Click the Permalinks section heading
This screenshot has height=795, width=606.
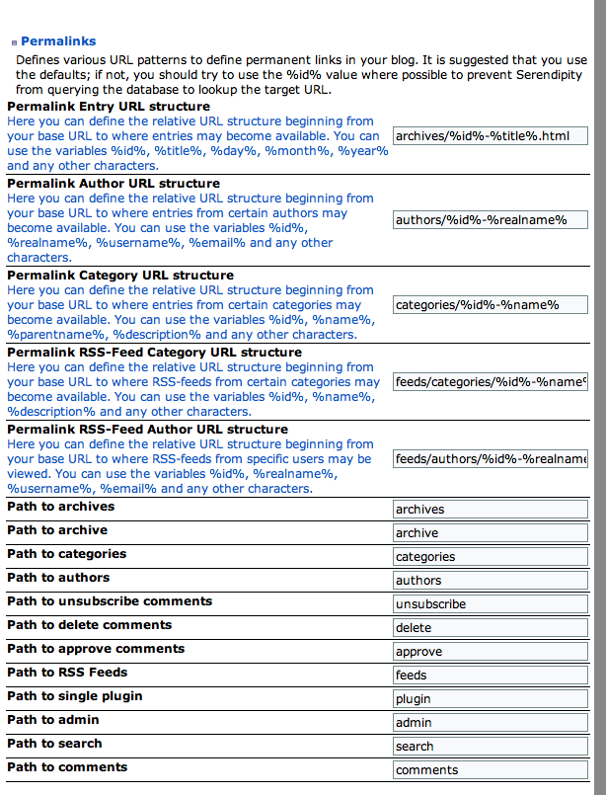[x=58, y=41]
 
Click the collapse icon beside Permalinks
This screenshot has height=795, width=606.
[x=14, y=42]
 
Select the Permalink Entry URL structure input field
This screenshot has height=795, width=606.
[x=490, y=135]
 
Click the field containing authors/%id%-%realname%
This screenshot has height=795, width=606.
[x=490, y=219]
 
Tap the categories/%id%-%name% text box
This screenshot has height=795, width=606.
[x=490, y=304]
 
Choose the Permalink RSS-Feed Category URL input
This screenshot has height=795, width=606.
[x=490, y=381]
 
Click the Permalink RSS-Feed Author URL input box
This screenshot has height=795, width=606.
[x=490, y=458]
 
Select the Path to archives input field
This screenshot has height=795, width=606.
[x=490, y=510]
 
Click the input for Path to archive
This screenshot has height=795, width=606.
[x=490, y=533]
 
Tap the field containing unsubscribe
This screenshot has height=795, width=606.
[x=490, y=604]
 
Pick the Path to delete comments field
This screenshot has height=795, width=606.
[x=490, y=628]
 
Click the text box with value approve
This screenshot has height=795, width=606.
[x=490, y=652]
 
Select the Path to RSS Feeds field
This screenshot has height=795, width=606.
[x=490, y=676]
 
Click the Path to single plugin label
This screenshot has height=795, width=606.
[x=75, y=696]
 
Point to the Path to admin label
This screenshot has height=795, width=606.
[x=53, y=720]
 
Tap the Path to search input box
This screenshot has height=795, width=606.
[x=490, y=747]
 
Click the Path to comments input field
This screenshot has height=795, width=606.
[x=490, y=770]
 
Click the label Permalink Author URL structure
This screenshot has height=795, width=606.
[x=114, y=184]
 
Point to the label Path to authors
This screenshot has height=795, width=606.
[x=58, y=578]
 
